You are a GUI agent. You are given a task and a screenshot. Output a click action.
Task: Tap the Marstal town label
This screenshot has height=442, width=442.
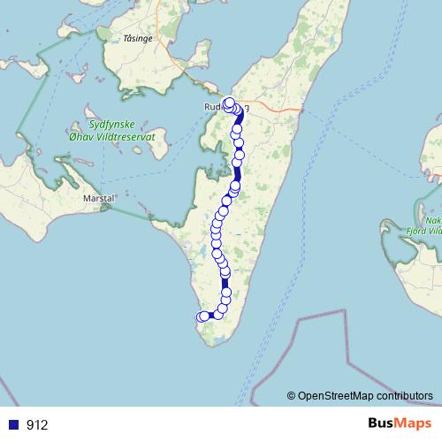tap(99, 199)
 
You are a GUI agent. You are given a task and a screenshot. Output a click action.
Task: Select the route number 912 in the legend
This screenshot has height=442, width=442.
tap(37, 424)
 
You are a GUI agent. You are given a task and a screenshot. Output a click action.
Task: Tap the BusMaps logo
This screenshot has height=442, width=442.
tap(398, 423)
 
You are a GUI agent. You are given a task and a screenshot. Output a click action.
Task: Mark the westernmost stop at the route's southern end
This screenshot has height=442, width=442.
tap(201, 317)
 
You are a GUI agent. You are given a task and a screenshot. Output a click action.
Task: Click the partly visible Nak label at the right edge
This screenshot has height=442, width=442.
tap(433, 222)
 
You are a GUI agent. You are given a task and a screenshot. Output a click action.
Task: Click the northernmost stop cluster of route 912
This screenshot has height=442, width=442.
tap(229, 103)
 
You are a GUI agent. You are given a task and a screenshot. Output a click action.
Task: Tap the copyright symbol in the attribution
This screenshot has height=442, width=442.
tap(292, 395)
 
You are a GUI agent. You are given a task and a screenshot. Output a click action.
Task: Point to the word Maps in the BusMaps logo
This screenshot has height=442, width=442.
tap(413, 423)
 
